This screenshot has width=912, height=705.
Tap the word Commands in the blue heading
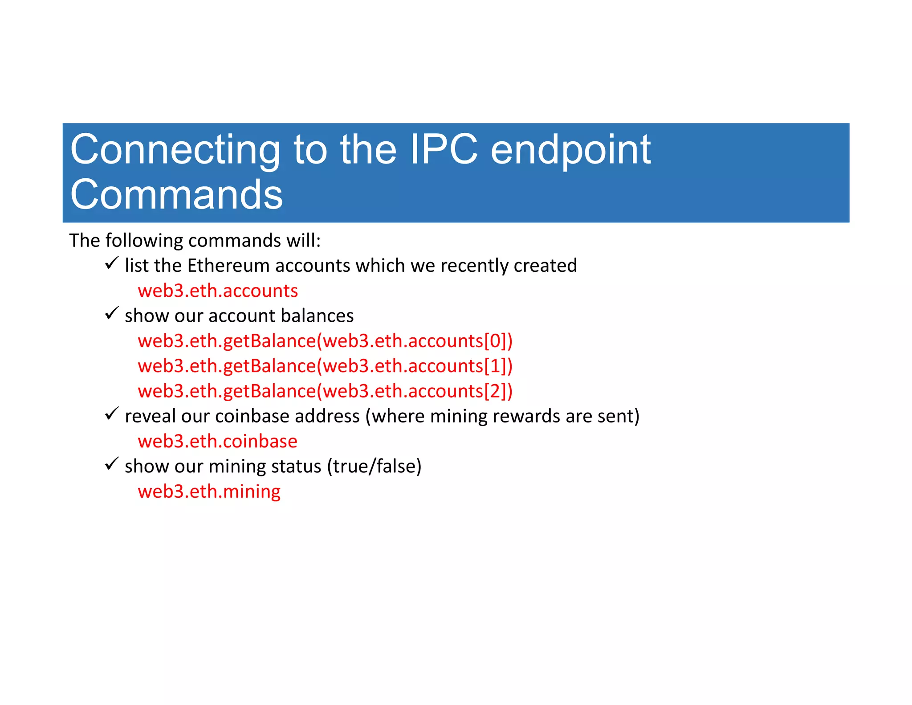[176, 195]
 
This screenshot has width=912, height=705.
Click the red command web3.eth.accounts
[218, 291]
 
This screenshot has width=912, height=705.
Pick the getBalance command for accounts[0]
[325, 341]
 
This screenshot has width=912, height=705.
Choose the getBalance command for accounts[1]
[325, 366]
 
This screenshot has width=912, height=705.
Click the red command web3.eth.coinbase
[217, 442]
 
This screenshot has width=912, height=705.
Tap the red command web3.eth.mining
[209, 492]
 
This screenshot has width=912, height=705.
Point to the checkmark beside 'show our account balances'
[111, 313]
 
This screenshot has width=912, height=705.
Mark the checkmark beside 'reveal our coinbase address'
[111, 414]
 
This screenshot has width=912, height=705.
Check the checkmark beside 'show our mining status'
[111, 464]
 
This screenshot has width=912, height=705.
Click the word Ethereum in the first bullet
[228, 266]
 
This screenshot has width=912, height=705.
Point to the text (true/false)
[374, 467]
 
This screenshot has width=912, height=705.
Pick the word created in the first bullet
[545, 266]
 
